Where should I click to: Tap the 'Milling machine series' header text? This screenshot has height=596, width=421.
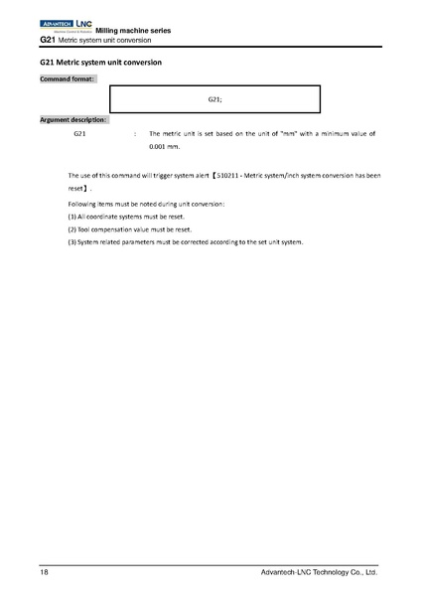point(133,32)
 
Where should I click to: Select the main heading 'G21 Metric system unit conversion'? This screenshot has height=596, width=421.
point(100,62)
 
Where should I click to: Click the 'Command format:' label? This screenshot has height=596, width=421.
point(68,77)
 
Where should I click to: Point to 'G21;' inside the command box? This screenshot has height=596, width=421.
point(214,100)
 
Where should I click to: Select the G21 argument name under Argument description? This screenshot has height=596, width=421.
point(79,132)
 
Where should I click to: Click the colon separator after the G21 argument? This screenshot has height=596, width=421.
point(134,132)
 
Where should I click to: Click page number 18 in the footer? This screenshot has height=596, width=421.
point(44,573)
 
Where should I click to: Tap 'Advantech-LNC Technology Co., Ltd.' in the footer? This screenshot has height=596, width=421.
point(318,573)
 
